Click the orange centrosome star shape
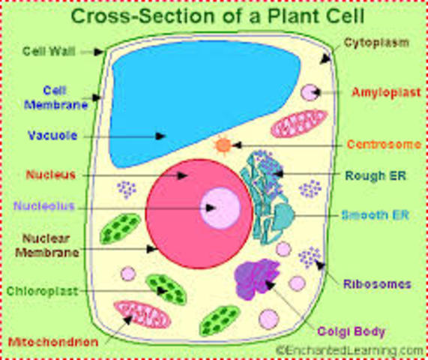[223, 145]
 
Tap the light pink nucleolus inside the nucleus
[220, 208]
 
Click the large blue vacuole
[202, 101]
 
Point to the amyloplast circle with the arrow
[310, 92]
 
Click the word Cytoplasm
[376, 43]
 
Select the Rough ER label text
[376, 175]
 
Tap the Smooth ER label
[376, 215]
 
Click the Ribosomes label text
[377, 284]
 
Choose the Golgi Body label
[351, 331]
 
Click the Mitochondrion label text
[53, 342]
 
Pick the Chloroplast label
[42, 291]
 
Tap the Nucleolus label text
[44, 205]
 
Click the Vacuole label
[52, 135]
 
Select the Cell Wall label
[49, 51]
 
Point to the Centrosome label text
[384, 144]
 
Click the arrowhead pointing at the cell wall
[98, 52]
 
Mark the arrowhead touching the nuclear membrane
[152, 249]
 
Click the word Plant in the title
[294, 16]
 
